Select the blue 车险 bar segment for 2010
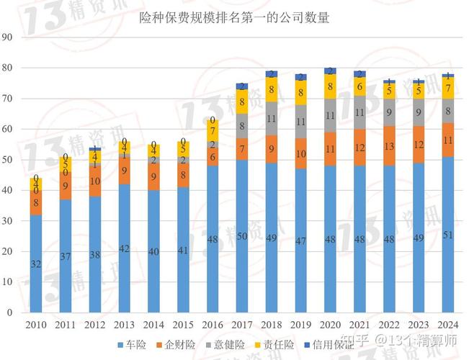coord(35,264)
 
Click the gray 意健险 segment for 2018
coord(272,119)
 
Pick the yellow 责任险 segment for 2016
coord(213,130)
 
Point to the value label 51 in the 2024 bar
coord(448,235)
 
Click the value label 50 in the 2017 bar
coord(242,236)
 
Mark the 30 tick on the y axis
coord(8,221)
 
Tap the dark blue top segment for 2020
coord(331,71)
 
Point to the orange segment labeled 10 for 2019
coord(301,153)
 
